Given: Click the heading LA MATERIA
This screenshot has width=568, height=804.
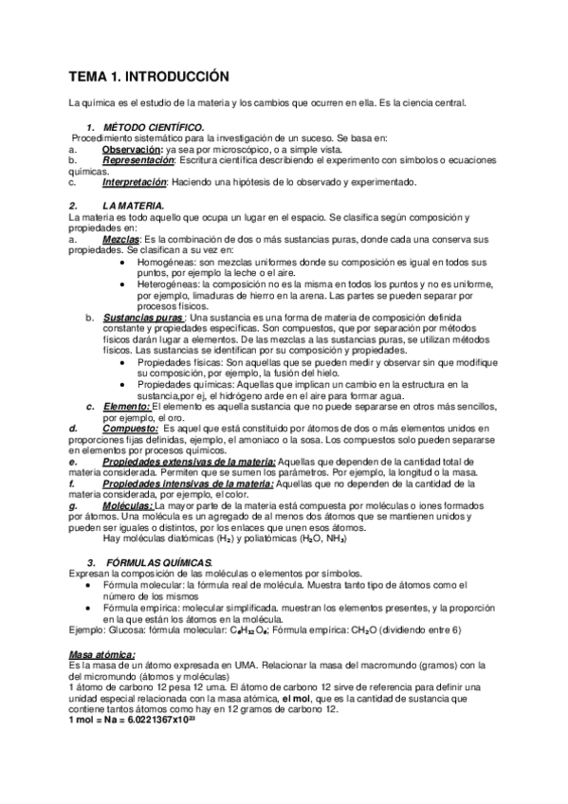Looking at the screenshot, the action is [x=134, y=205].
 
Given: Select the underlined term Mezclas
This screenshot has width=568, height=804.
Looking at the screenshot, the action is [x=119, y=238].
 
